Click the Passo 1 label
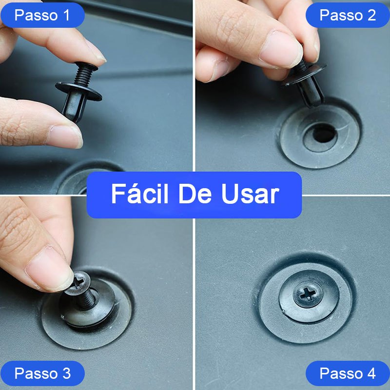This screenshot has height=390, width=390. (42, 15)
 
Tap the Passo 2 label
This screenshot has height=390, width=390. (348, 15)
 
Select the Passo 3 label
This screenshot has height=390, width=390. (42, 373)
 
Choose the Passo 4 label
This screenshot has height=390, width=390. (348, 373)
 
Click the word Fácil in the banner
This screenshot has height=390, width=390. (139, 194)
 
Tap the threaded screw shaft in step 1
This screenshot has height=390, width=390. (84, 74)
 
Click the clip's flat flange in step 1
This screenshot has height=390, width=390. (78, 91)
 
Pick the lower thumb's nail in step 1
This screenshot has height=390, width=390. (65, 137)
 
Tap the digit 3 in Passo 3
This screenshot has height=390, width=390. (66, 373)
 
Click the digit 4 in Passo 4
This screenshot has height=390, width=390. (371, 373)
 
